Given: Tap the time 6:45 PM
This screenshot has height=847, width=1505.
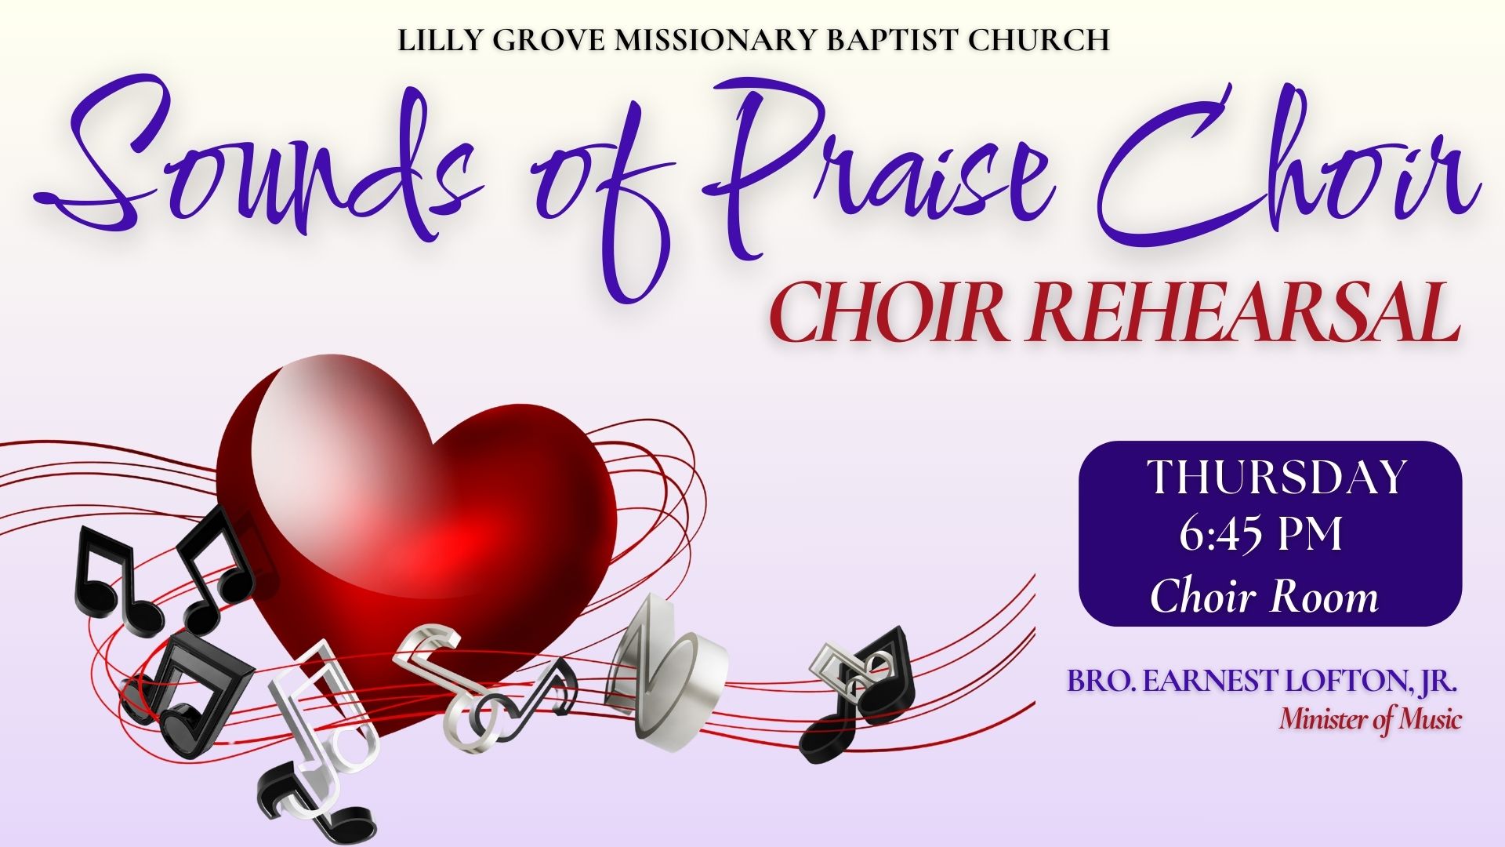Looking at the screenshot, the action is click(1261, 536).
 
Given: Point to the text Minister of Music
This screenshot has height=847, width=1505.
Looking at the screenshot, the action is click(1370, 719).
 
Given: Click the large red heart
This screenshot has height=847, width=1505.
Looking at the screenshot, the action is click(423, 533).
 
